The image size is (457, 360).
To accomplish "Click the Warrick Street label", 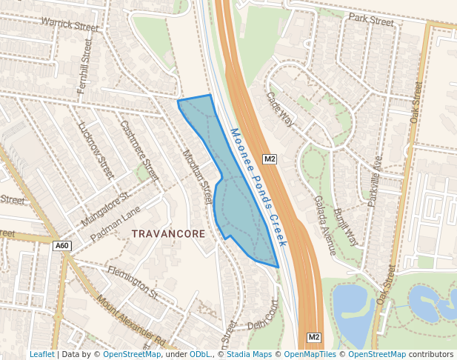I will pyautogui.click(x=70, y=24).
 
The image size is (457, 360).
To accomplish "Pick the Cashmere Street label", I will pyautogui.click(x=139, y=151).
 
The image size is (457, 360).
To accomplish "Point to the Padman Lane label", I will pyautogui.click(x=115, y=224).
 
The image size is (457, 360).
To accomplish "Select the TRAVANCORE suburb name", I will pyautogui.click(x=168, y=233).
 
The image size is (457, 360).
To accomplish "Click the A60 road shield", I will pyautogui.click(x=62, y=246).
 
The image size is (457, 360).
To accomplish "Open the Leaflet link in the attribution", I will pyautogui.click(x=41, y=354).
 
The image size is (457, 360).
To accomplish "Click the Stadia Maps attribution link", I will pyautogui.click(x=250, y=354).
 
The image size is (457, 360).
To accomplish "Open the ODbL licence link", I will pyautogui.click(x=200, y=354).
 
